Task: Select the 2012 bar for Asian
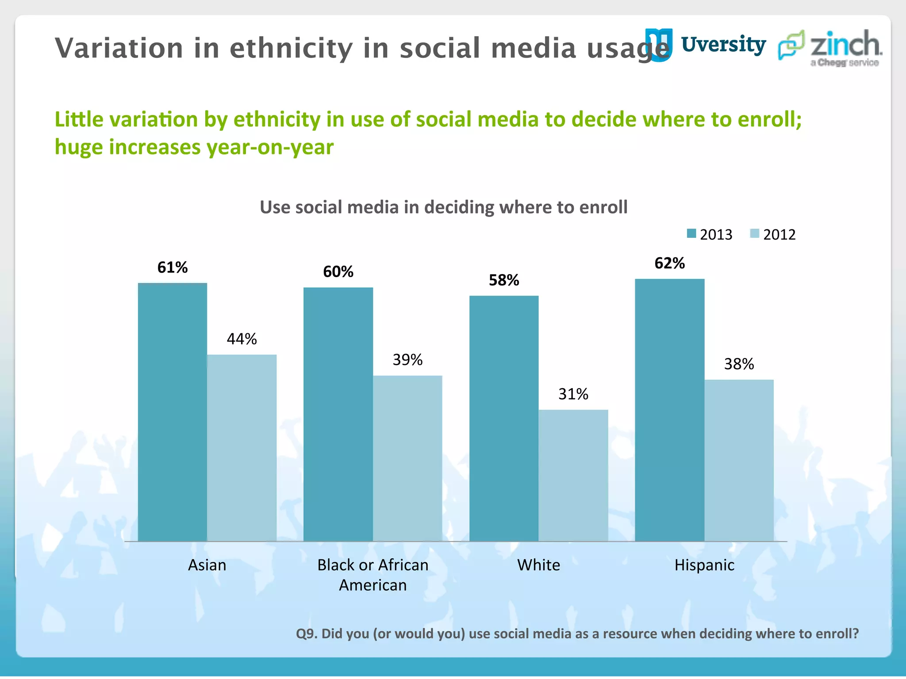click(x=242, y=447)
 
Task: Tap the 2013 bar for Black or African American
click(x=338, y=414)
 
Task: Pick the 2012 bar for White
click(x=573, y=475)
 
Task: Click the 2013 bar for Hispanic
click(x=669, y=410)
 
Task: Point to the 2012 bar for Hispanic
click(x=739, y=460)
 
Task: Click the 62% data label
click(x=669, y=263)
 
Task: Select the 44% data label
click(x=242, y=339)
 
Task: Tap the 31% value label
click(x=573, y=394)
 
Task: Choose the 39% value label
click(x=407, y=360)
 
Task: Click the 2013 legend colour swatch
click(x=691, y=233)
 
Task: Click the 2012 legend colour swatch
click(x=755, y=233)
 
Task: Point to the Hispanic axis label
click(x=704, y=565)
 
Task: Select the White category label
click(x=538, y=565)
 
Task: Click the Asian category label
click(x=207, y=565)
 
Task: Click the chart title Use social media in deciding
click(x=443, y=207)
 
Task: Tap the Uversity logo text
click(x=723, y=45)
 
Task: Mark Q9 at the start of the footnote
click(x=306, y=633)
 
